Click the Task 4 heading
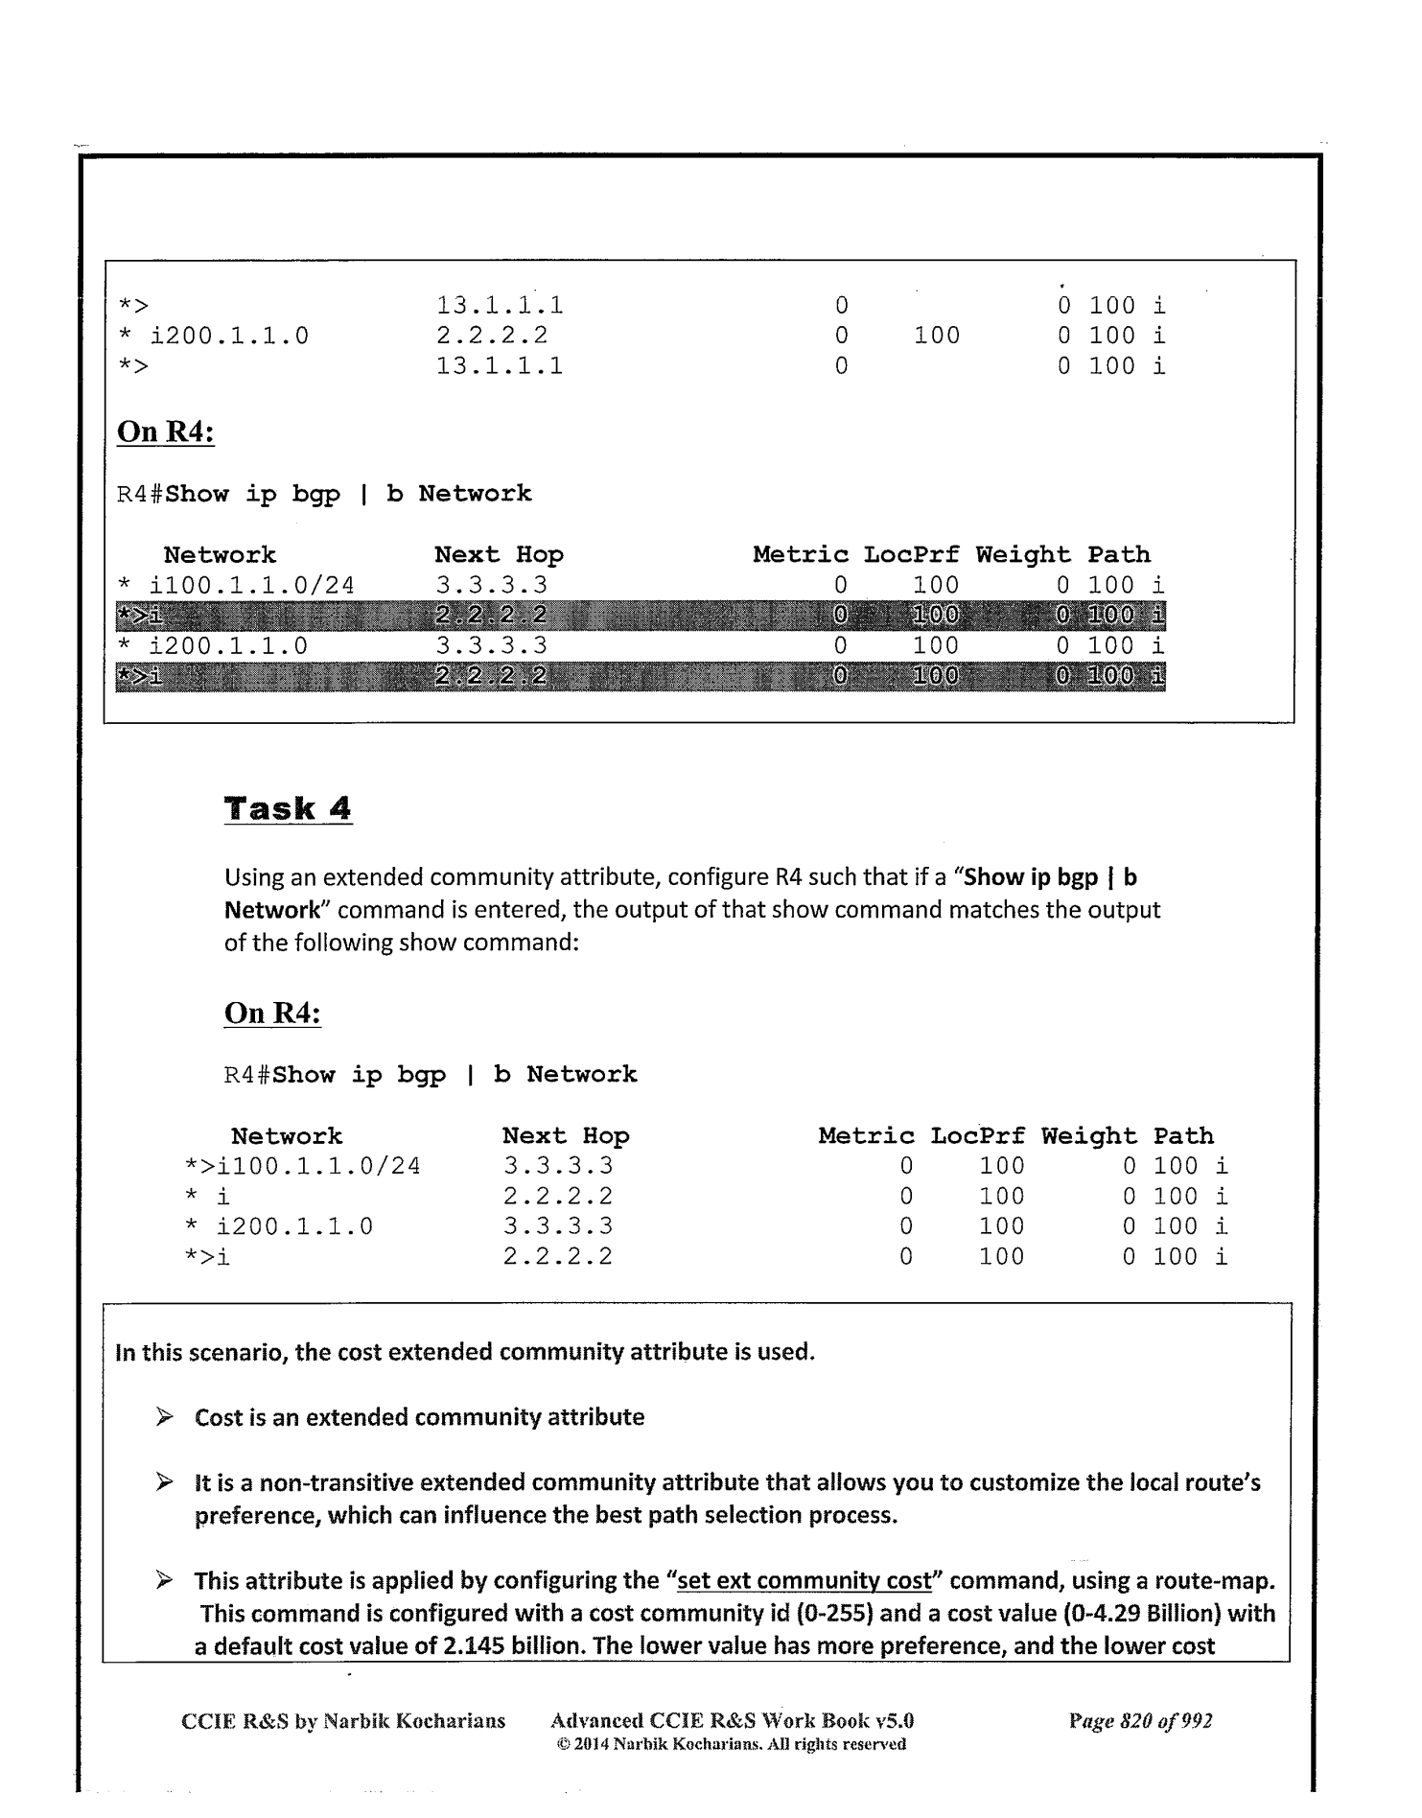click(x=288, y=808)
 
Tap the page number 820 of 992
click(x=1140, y=1720)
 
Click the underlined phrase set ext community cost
click(x=804, y=1580)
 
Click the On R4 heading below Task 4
click(x=272, y=1013)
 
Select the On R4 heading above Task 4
click(x=165, y=431)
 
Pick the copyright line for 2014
click(x=731, y=1743)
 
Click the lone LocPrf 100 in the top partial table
click(x=936, y=336)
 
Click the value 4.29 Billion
click(x=1169, y=1613)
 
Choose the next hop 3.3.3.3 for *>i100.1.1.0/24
click(x=557, y=1166)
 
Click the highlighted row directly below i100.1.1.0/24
click(x=640, y=616)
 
